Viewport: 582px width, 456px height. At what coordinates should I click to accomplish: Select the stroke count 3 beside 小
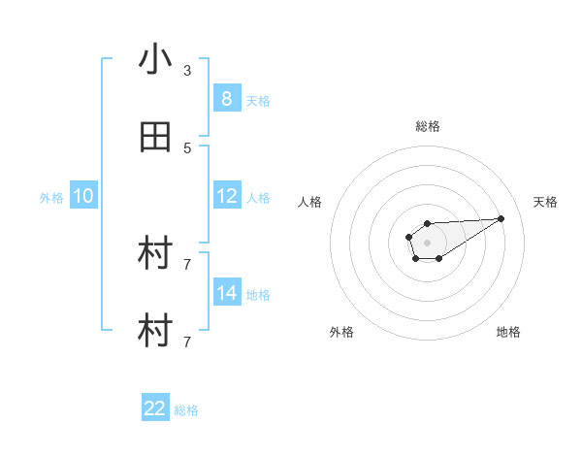pos(187,71)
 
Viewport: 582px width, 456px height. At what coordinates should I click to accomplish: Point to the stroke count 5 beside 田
pos(187,148)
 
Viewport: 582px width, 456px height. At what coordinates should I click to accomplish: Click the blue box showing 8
pos(227,99)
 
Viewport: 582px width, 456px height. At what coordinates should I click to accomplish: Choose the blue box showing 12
pos(227,196)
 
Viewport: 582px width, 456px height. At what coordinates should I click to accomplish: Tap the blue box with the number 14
pos(227,293)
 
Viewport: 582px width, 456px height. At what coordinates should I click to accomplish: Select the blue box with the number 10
pos(83,196)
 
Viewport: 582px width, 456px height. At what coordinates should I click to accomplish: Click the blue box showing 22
pos(155,408)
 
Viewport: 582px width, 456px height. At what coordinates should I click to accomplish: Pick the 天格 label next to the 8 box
pos(258,100)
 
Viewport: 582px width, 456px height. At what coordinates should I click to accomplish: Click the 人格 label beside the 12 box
pos(258,197)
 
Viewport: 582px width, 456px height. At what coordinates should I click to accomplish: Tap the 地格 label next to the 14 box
pos(258,294)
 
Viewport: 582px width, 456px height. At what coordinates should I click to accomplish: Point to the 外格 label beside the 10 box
pos(51,197)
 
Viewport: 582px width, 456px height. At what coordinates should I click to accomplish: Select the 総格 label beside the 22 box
pos(186,409)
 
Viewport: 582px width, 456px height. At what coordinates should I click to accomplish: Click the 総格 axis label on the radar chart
pos(427,126)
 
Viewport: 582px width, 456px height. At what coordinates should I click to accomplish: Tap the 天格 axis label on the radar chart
pos(546,202)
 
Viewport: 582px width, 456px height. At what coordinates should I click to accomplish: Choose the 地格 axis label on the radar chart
pos(508,332)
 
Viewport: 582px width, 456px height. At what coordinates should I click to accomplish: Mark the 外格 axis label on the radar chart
pos(341,332)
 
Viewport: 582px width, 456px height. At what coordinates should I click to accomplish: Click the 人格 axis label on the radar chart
pos(310,202)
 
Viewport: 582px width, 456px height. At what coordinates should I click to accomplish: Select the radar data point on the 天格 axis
pos(501,217)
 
